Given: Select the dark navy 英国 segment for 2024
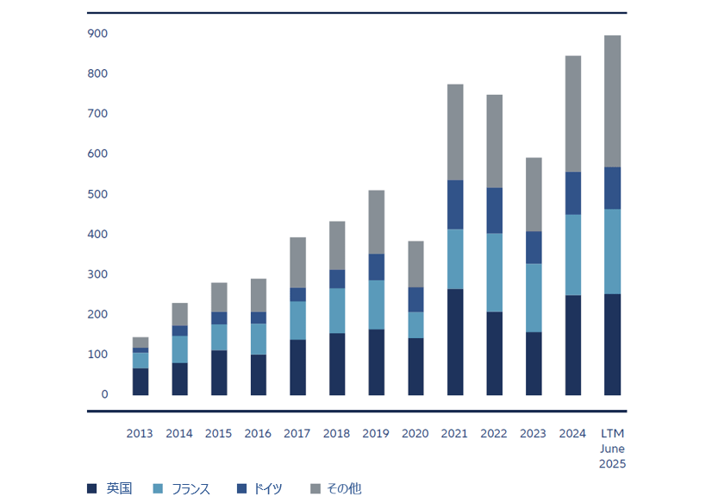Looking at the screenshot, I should click(573, 345).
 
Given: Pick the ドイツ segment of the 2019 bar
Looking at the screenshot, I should click(377, 267).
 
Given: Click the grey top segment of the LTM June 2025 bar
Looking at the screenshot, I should click(613, 101).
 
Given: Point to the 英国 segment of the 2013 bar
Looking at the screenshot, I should click(140, 381).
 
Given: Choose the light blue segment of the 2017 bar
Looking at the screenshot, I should click(297, 320).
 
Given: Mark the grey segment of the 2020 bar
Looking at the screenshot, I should click(415, 264).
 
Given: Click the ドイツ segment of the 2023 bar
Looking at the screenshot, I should click(534, 248).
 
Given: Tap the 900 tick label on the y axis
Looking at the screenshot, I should click(97, 34).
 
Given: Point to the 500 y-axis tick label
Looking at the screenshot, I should click(97, 194).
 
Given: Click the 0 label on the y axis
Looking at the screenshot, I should click(104, 395).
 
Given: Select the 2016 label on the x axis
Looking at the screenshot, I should click(258, 433).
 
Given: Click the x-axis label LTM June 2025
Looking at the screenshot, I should click(613, 449).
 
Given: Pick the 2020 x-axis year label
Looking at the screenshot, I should click(415, 433).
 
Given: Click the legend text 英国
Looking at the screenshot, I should click(119, 489).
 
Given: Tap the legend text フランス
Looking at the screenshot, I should click(190, 489).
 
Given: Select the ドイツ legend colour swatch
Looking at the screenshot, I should click(242, 489).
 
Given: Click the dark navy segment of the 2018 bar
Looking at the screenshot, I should click(337, 364).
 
